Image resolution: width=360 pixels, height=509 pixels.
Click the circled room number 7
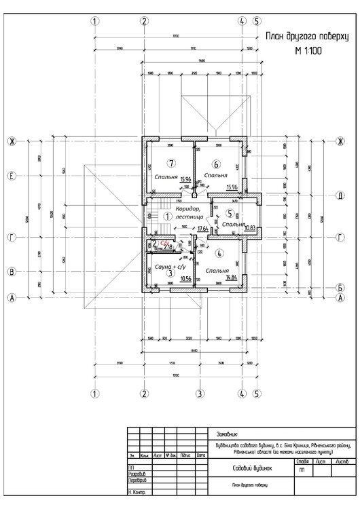click(171, 164)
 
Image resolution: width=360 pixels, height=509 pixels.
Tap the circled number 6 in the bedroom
click(215, 164)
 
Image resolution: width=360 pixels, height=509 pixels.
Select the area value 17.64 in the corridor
click(202, 229)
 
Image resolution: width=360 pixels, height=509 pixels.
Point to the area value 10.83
click(249, 229)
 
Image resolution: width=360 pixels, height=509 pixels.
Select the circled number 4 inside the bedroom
click(219, 253)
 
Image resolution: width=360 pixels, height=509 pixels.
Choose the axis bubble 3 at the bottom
click(200, 393)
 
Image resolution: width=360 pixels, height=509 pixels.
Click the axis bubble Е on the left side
click(12, 176)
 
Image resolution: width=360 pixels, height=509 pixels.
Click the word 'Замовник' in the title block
click(227, 432)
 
